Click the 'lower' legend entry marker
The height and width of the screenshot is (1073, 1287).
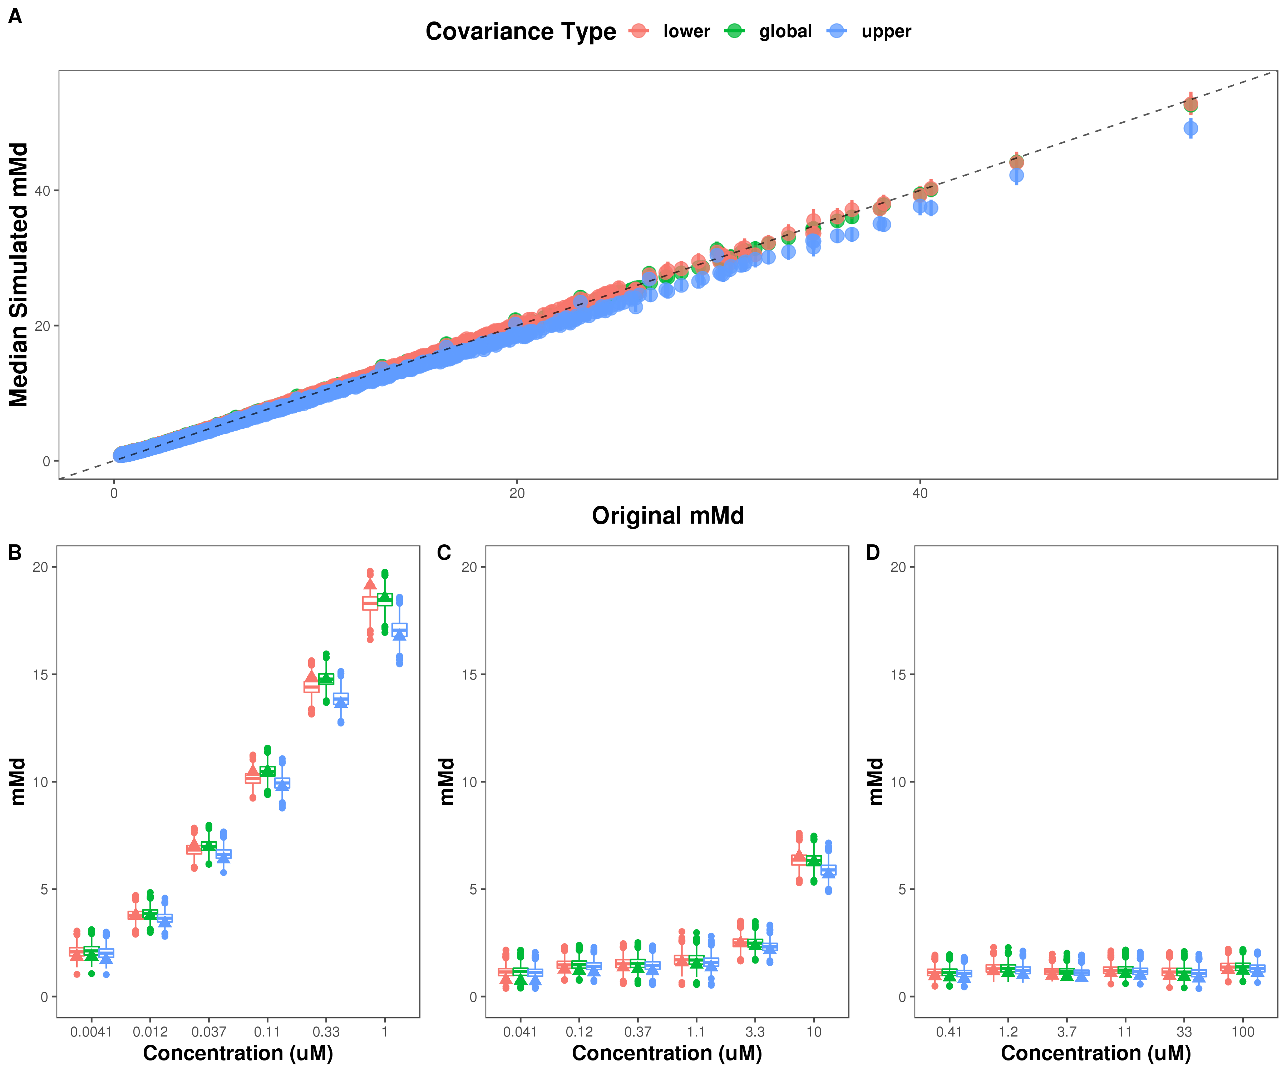[638, 31]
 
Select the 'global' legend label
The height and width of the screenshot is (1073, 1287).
[785, 31]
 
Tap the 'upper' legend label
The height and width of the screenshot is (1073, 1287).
[886, 31]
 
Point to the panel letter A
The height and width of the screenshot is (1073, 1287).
[15, 16]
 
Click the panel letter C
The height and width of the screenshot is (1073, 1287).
[444, 553]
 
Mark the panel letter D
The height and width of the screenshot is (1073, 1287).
[873, 553]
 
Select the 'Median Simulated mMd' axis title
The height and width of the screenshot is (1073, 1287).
[18, 275]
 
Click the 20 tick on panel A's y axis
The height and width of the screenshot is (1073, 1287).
[42, 325]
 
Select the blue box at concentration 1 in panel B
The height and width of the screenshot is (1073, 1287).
[400, 630]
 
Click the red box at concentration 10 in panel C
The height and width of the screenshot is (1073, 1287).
[799, 859]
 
